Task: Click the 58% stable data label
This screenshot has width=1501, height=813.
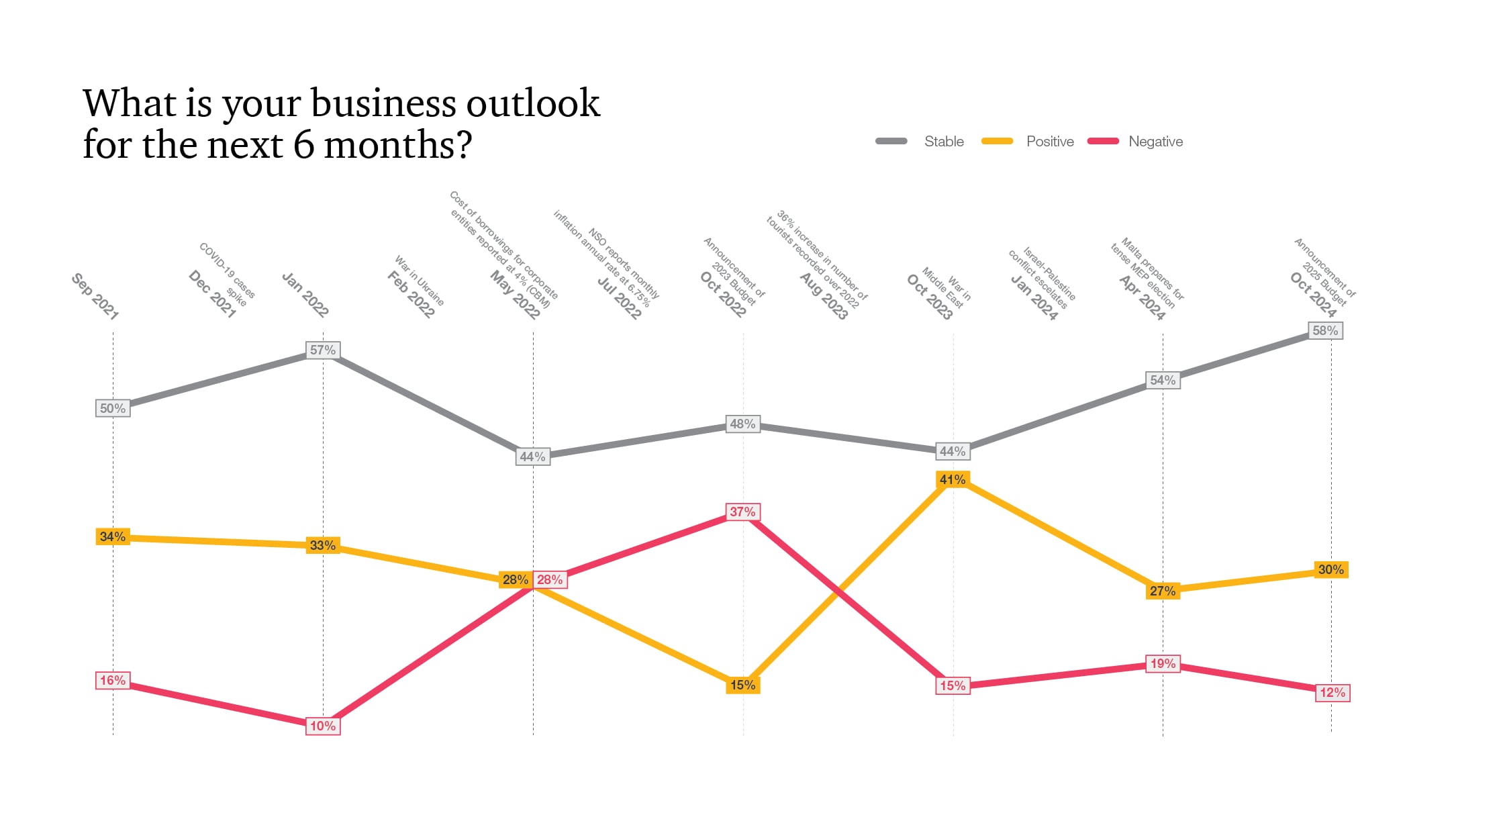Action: (x=1326, y=330)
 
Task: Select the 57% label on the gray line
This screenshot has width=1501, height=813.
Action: (x=323, y=350)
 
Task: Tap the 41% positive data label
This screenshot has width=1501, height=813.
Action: (x=953, y=479)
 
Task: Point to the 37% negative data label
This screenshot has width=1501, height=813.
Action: (x=742, y=512)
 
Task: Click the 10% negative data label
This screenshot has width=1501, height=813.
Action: (x=323, y=726)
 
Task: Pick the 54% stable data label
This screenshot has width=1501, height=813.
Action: (x=1163, y=380)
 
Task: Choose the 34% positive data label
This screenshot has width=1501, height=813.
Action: (x=113, y=536)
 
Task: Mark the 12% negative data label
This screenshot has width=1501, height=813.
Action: (x=1333, y=692)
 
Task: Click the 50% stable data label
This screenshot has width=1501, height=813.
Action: (x=113, y=408)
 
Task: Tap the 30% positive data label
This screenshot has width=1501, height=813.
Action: (x=1330, y=569)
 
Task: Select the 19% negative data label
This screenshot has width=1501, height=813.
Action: (x=1163, y=663)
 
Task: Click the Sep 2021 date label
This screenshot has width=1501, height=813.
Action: (x=95, y=296)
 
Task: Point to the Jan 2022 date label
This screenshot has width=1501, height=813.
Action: (x=305, y=295)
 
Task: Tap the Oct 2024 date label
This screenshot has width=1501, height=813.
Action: (x=1314, y=295)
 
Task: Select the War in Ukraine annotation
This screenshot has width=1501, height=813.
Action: (x=420, y=279)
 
